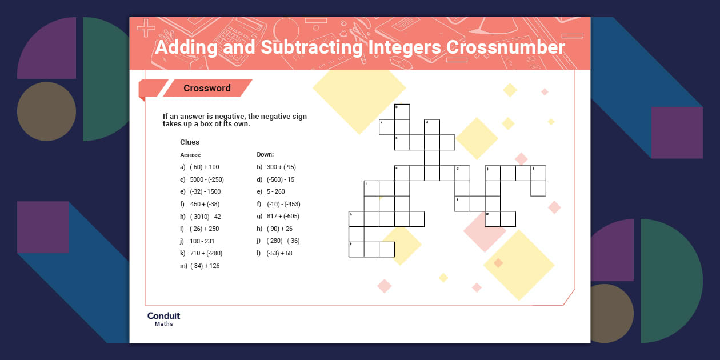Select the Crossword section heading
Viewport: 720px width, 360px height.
[207, 88]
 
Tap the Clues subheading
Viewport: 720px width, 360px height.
[190, 142]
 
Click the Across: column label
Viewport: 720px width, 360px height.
[190, 155]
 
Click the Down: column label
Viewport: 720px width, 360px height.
[265, 154]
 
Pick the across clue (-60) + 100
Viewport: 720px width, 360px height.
[204, 167]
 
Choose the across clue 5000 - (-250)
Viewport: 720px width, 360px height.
[207, 179]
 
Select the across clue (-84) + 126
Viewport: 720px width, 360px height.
[205, 266]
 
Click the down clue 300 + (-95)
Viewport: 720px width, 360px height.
[281, 167]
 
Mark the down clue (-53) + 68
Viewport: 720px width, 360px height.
[279, 253]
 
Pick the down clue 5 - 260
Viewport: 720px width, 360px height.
[275, 191]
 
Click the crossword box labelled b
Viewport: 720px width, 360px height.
[402, 111]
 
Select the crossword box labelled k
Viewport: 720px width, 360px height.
[356, 249]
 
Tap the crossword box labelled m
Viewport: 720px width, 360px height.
[493, 219]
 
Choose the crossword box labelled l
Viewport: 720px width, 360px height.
[538, 173]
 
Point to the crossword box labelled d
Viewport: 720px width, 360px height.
[432, 127]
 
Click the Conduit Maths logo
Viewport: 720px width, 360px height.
[163, 319]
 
